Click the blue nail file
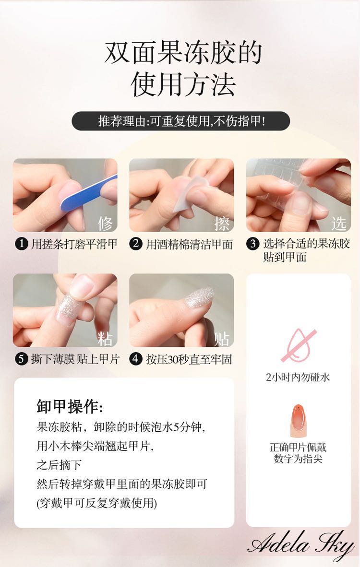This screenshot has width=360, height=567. coord(89,193)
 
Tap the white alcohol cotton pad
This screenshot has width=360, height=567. coord(188,193)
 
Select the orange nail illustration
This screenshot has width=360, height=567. coord(298,421)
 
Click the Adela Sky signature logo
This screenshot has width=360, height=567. coord(301,544)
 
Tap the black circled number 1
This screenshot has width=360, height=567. coord(21,244)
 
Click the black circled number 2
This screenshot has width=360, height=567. coord(136,244)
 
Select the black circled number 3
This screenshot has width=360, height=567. coord(253,244)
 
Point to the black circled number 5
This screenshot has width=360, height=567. coord(21,359)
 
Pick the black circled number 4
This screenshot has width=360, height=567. coord(136,359)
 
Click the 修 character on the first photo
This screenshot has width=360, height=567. coord(105,223)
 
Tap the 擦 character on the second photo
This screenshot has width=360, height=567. coord(222,223)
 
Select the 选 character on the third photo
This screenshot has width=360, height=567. coord(339,223)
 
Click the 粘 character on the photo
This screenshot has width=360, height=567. coord(105,339)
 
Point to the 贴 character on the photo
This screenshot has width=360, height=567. coord(222,339)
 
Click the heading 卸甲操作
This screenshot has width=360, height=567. coord(70,406)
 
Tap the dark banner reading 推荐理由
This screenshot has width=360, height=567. coord(181,121)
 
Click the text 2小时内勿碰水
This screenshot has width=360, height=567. coord(298,378)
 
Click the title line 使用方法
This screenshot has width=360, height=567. coord(183,84)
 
